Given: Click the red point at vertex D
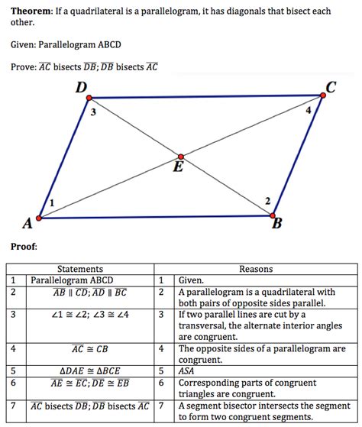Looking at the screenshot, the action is (x=89, y=98).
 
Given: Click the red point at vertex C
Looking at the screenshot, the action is (x=322, y=95).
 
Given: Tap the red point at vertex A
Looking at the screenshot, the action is (x=39, y=218).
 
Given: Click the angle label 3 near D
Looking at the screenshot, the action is (x=92, y=114).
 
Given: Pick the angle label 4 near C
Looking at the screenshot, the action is (x=308, y=112).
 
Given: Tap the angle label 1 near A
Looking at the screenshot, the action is (x=51, y=202).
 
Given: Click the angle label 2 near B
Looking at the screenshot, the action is (x=267, y=200).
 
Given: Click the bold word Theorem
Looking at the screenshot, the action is (x=32, y=11).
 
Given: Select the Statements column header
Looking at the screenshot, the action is (x=80, y=269).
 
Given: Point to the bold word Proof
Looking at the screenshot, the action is (x=24, y=246).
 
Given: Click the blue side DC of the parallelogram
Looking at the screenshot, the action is (x=206, y=97).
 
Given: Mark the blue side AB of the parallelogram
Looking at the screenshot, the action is (x=153, y=217).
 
